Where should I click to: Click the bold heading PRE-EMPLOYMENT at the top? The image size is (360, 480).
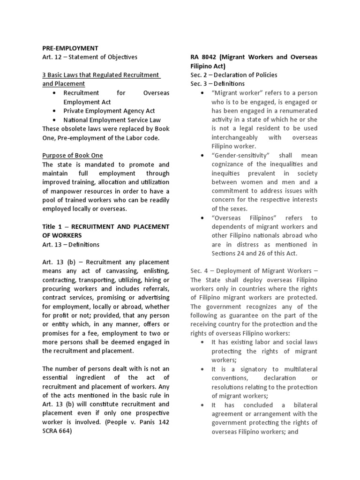click(x=70, y=48)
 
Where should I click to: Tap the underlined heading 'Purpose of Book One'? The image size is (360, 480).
click(x=73, y=155)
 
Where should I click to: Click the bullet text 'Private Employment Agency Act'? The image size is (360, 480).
click(x=109, y=111)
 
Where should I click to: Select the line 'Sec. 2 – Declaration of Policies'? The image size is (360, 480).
click(x=233, y=75)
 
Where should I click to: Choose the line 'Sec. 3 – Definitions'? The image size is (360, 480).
click(x=217, y=84)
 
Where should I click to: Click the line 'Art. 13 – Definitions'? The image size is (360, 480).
click(x=71, y=244)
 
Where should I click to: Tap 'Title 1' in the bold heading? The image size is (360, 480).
click(x=52, y=226)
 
